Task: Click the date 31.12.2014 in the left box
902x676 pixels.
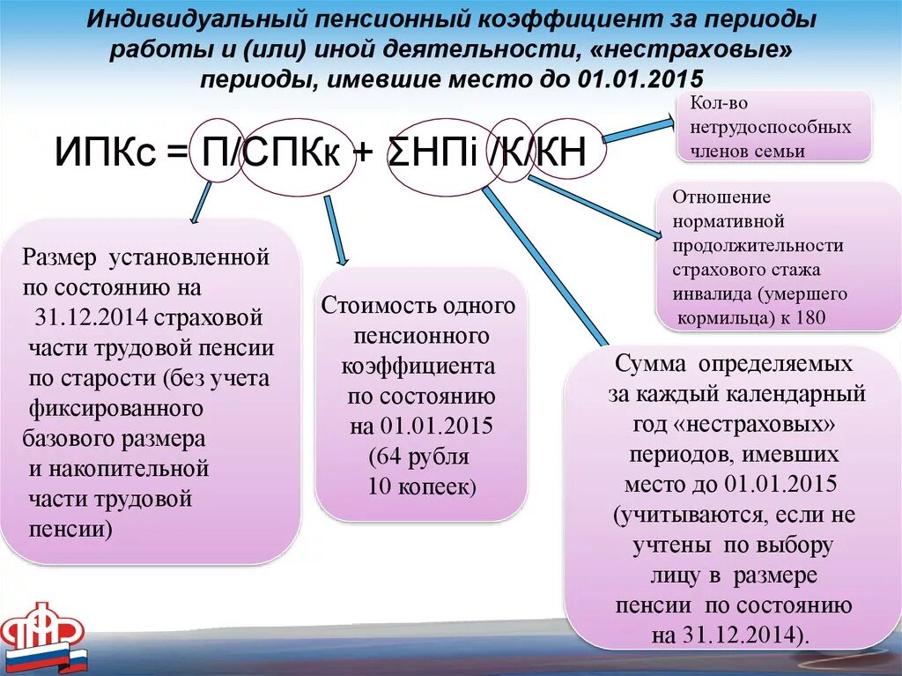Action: coord(85,317)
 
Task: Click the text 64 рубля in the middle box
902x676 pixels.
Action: coord(419,457)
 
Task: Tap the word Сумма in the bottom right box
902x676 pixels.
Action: coord(649,364)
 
